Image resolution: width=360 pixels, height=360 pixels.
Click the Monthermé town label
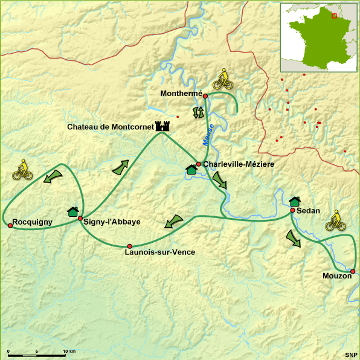coord(181,94)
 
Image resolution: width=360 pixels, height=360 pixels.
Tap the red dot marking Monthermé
coord(205,96)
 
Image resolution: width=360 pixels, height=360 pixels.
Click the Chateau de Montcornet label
coord(111,127)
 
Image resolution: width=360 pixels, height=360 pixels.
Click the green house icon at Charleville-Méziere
coord(191,170)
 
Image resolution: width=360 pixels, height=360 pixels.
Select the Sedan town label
coord(308,211)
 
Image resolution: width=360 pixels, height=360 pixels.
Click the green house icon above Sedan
coord(295,201)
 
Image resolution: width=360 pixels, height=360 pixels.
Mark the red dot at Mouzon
coord(353,271)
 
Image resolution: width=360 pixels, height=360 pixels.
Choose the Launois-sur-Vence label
coord(159,252)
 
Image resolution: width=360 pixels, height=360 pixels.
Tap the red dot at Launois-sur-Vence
coord(129,246)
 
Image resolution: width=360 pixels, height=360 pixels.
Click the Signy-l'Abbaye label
coord(112,222)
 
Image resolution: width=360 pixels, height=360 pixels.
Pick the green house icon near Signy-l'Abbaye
coord(73,211)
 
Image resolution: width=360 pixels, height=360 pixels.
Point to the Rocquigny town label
coord(33,222)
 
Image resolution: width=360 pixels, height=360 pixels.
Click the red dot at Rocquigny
coord(10,225)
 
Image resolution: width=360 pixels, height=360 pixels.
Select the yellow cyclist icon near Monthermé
coord(223,79)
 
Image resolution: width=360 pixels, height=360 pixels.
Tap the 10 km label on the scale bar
coord(68,352)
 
